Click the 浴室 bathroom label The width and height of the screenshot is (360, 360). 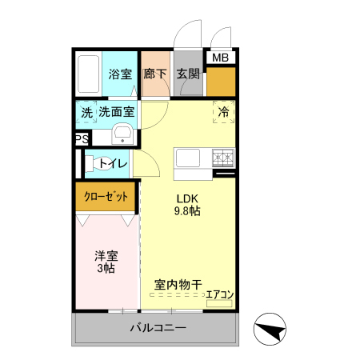pyautogui.click(x=121, y=73)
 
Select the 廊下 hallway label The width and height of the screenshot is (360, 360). pyautogui.click(x=154, y=73)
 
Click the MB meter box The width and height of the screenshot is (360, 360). pyautogui.click(x=219, y=58)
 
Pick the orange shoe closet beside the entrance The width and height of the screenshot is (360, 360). pyautogui.click(x=221, y=82)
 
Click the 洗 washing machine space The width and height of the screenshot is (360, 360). pyautogui.click(x=86, y=113)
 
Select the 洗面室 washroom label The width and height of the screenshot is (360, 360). pyautogui.click(x=117, y=113)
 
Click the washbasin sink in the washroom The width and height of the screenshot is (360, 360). pyautogui.click(x=122, y=134)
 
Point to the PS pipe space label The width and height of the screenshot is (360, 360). pyautogui.click(x=81, y=139)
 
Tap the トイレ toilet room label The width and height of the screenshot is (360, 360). pyautogui.click(x=114, y=164)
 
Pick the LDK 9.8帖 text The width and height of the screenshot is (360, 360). pyautogui.click(x=187, y=205)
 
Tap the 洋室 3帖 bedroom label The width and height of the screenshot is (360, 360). pyautogui.click(x=106, y=262)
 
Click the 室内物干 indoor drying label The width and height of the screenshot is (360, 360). pyautogui.click(x=177, y=284)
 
